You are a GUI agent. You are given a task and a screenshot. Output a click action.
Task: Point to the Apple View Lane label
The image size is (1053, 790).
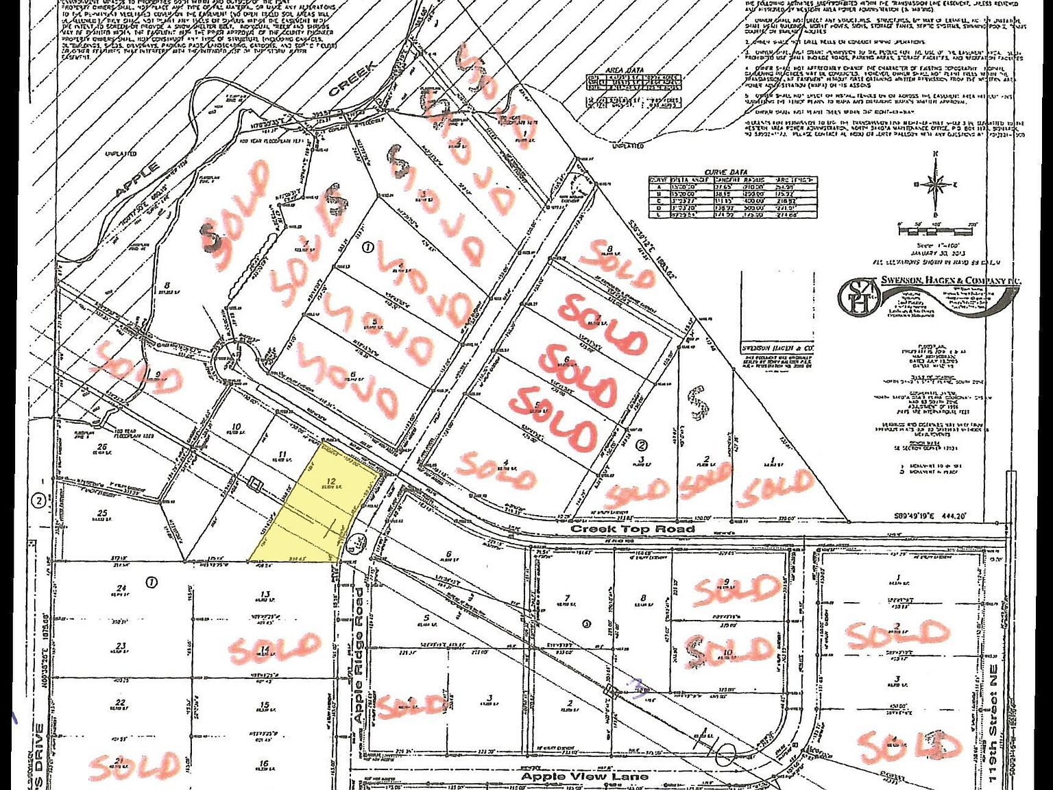[x=584, y=776]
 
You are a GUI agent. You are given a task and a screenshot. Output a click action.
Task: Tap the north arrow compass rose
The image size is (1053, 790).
[x=933, y=184]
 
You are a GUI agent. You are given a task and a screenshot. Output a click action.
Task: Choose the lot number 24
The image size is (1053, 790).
[x=122, y=588]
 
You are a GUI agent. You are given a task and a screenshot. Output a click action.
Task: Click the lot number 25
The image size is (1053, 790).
[x=103, y=513]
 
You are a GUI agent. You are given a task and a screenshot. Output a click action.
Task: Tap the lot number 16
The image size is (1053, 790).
[x=264, y=764]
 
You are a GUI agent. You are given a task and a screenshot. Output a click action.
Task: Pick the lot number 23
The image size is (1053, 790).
[x=121, y=646]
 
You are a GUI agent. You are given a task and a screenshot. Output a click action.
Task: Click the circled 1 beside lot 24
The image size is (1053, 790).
[x=152, y=582]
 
